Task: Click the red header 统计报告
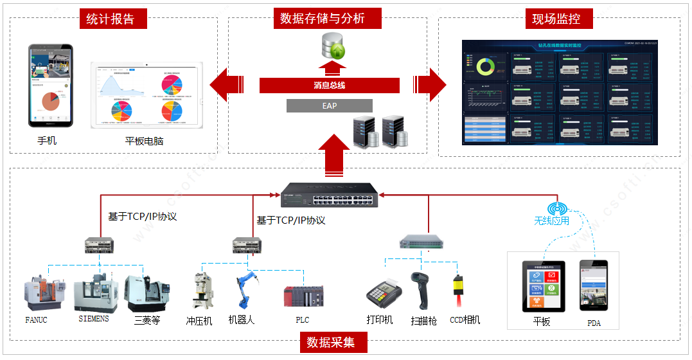[111, 19]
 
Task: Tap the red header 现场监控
[556, 19]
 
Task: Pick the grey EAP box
[329, 106]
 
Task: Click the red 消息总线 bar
[329, 85]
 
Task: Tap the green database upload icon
[333, 46]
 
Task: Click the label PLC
[303, 319]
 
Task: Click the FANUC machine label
[37, 319]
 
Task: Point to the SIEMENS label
[94, 319]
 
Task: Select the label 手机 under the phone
[47, 139]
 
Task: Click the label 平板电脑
[144, 141]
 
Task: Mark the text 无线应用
[551, 221]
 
